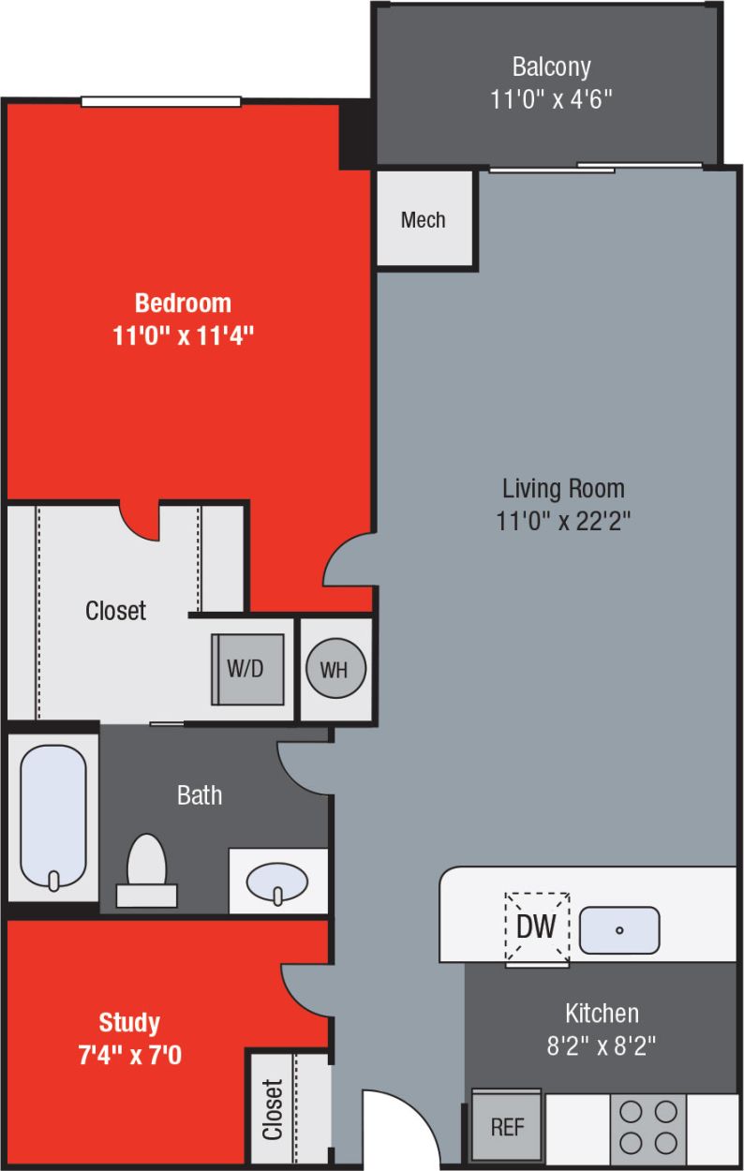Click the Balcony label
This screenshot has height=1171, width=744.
(x=551, y=67)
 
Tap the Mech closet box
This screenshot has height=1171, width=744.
(x=424, y=220)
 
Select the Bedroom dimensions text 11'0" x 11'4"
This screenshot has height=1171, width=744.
(x=184, y=335)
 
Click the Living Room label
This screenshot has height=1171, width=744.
(x=563, y=488)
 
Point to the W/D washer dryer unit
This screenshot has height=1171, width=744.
(x=247, y=670)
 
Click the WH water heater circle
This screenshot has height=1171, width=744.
(x=335, y=670)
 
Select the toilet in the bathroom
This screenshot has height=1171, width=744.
(x=146, y=867)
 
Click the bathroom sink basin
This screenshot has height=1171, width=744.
(x=277, y=882)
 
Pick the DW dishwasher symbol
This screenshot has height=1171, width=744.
(x=537, y=926)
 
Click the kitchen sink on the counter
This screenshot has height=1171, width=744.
(x=618, y=930)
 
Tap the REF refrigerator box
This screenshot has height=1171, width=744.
(x=507, y=1126)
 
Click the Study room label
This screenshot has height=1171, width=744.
(x=129, y=1021)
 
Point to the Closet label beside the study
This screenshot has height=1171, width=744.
(x=273, y=1110)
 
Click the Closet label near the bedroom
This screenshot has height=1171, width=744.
(x=116, y=611)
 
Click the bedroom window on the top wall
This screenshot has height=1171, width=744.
(x=161, y=101)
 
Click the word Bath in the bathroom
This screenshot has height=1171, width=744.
(x=200, y=795)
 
